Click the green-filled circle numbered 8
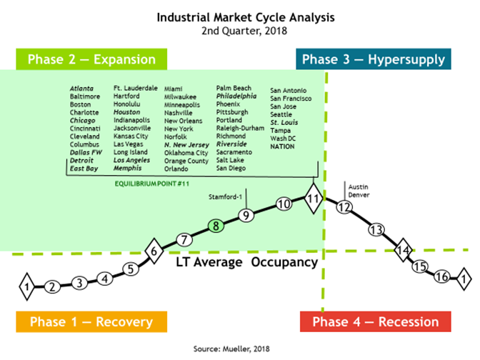coord(216,226)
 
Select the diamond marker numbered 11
coord(314,199)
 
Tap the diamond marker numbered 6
coord(154,251)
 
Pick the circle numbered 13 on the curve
coord(376,230)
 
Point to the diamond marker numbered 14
coord(403,250)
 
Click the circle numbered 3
coord(79,283)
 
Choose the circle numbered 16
coord(442,276)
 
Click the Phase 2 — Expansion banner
coord(91,59)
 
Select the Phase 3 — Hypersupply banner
coord(374,59)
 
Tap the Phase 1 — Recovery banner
coord(91,321)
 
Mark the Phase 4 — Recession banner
coord(376,321)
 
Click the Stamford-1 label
coord(225,197)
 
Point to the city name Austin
coord(358,186)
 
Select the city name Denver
coord(359,195)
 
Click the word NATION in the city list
coord(282,146)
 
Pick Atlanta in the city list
coord(81,89)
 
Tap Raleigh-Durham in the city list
coord(240,129)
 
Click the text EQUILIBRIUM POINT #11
coord(152,184)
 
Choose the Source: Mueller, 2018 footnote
coord(231,349)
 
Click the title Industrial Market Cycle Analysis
coord(246,17)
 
